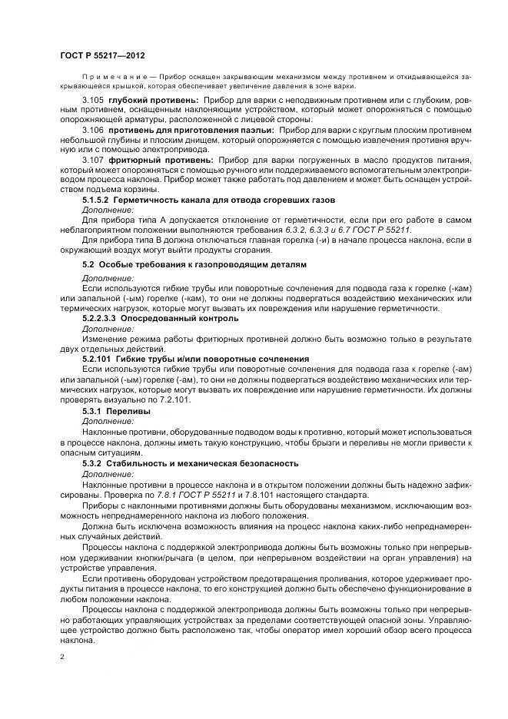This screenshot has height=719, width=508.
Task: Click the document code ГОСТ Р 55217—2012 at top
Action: point(102,57)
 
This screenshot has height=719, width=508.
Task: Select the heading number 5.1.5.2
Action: point(95,200)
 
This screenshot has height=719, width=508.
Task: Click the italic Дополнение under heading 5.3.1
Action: point(108,421)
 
